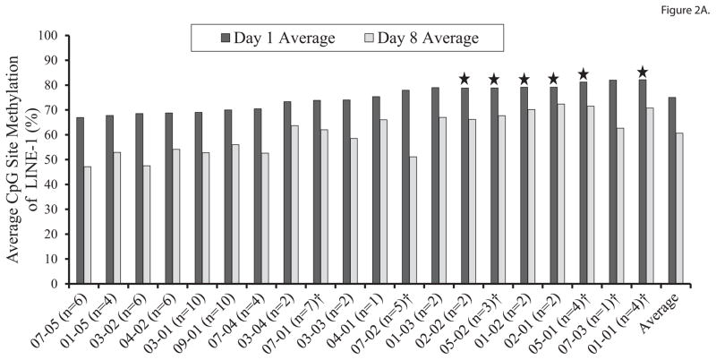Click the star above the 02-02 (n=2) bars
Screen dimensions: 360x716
465,79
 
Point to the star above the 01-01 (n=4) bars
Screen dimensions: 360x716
642,73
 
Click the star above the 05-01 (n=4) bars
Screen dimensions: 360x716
583,74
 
